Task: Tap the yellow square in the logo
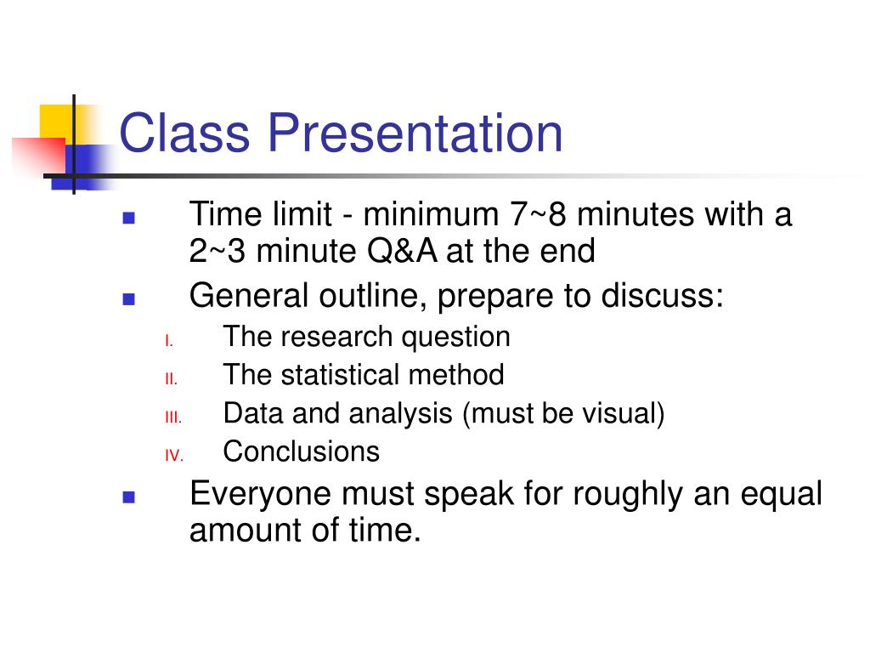coord(55,122)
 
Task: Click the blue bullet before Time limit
coord(129,218)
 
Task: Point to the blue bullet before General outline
coord(129,298)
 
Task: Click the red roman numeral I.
coord(169,341)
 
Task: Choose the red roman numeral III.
coord(173,417)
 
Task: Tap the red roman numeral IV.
coord(173,456)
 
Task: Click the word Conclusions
coord(301,451)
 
